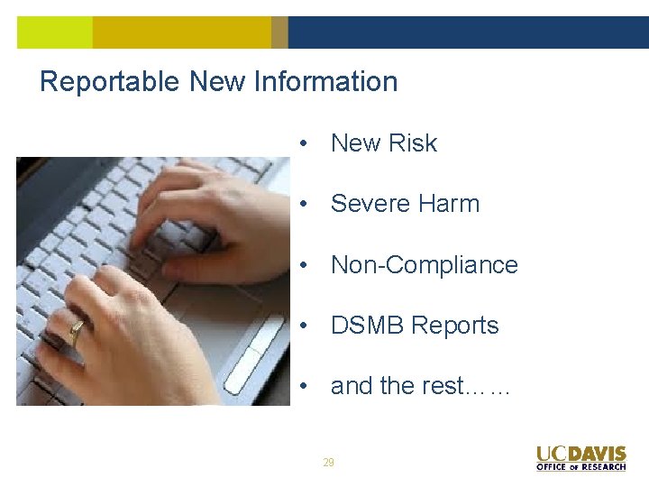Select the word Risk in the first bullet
click(412, 143)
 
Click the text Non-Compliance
click(424, 265)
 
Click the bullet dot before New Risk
click(307, 144)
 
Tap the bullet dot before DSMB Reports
click(307, 326)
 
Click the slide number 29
click(328, 463)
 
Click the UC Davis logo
click(580, 454)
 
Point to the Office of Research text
click(580, 467)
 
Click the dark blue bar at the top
click(468, 32)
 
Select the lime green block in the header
click(54, 32)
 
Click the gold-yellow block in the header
click(180, 32)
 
